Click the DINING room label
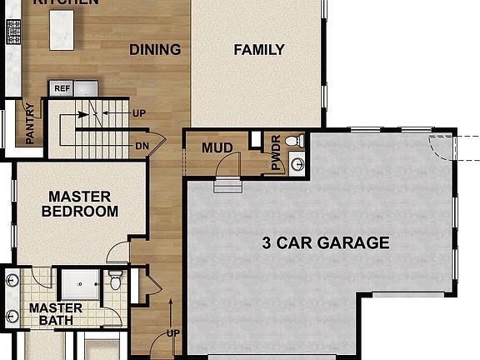click(x=155, y=50)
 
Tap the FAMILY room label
click(x=258, y=50)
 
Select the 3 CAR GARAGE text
click(x=326, y=243)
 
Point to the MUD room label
click(x=217, y=148)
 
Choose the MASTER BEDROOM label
click(x=80, y=204)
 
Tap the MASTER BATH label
click(x=50, y=314)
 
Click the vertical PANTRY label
click(x=29, y=123)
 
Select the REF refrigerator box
click(x=62, y=88)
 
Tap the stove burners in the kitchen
click(x=13, y=32)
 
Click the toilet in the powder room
click(x=292, y=141)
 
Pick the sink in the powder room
click(x=297, y=164)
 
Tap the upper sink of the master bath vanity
click(x=11, y=281)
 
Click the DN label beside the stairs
click(x=142, y=146)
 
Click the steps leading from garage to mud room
click(x=227, y=185)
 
